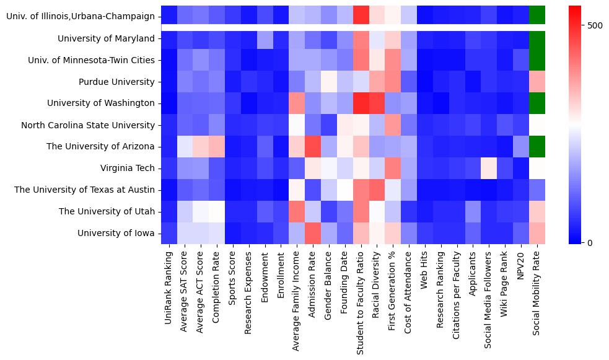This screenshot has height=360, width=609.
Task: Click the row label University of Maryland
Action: coord(106,39)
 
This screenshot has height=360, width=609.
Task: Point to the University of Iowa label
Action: coord(116,233)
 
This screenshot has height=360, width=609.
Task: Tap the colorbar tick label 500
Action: coord(595,25)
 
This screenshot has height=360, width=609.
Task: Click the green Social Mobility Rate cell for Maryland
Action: coord(537,39)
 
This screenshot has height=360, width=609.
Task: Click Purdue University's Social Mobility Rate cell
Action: coord(537,82)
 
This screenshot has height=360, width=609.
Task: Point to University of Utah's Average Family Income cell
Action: coord(297,211)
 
